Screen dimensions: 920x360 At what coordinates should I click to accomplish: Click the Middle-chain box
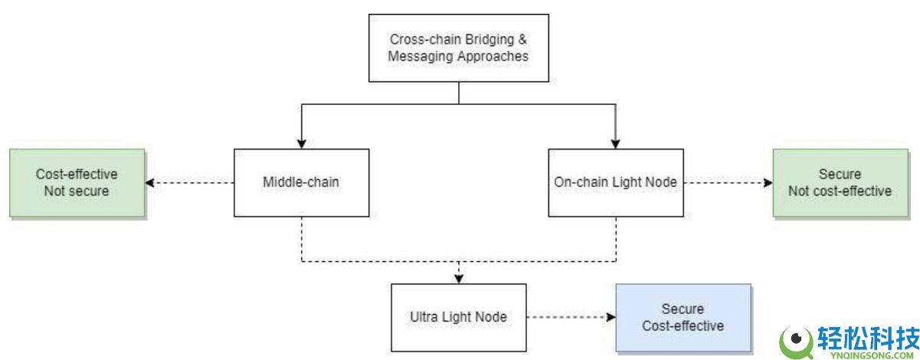click(302, 182)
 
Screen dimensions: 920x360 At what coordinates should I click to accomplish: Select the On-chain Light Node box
click(616, 182)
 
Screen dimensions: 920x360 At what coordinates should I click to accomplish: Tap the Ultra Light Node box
click(459, 317)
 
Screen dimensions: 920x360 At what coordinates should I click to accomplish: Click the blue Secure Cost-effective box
click(683, 317)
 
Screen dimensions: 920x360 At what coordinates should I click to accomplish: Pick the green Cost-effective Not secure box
click(77, 182)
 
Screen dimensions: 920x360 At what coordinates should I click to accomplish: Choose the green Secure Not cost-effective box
click(840, 182)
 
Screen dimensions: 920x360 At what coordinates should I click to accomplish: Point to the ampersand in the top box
click(522, 39)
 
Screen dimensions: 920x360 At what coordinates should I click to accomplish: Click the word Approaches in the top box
click(493, 57)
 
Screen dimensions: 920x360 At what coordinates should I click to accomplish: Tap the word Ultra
click(424, 316)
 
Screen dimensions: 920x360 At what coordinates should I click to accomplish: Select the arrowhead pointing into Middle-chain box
click(302, 144)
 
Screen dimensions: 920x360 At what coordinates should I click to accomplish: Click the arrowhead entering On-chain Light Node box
click(615, 144)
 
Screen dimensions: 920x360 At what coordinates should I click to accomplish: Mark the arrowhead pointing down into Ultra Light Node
click(459, 279)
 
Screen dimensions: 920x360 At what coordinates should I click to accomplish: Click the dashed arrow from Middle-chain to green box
click(190, 182)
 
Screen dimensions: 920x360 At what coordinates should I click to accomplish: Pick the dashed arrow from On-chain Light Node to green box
click(728, 182)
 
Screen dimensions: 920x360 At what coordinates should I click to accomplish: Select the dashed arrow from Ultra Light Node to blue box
click(571, 317)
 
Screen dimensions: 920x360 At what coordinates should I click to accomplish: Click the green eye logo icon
click(797, 342)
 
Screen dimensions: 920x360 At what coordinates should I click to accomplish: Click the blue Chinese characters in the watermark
click(868, 339)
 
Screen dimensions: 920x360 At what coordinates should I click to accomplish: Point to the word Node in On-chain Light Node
click(663, 182)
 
